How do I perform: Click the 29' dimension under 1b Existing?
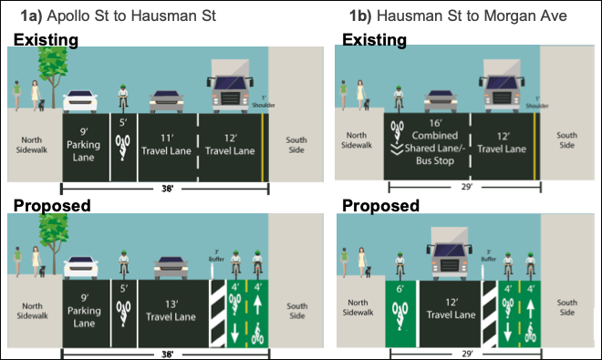pos(465,187)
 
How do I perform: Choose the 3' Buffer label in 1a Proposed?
pos(217,251)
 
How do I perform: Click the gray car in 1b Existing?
pos(435,102)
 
